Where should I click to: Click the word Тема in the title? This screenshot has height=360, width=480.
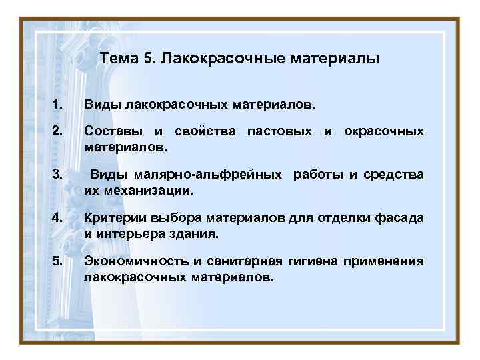pyautogui.click(x=119, y=59)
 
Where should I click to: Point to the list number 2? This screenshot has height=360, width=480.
pyautogui.click(x=57, y=131)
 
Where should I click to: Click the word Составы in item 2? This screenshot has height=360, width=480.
pyautogui.click(x=111, y=131)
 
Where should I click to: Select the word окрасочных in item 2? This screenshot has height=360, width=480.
pyautogui.click(x=383, y=131)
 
